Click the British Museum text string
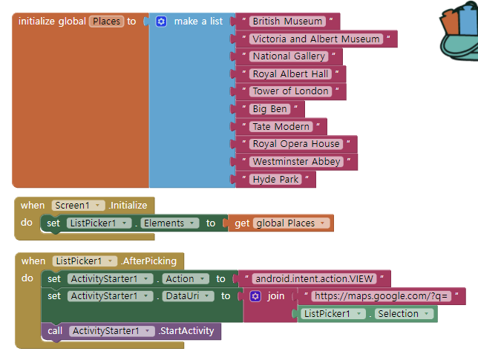287,22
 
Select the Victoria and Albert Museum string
316,39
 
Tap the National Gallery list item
289,56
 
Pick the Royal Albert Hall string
290,73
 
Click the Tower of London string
290,91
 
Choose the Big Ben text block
269,109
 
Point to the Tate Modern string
281,126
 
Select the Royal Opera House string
295,144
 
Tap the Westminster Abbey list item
296,161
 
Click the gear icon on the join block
255,296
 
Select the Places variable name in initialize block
106,22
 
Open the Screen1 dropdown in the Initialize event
78,205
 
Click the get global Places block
281,223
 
